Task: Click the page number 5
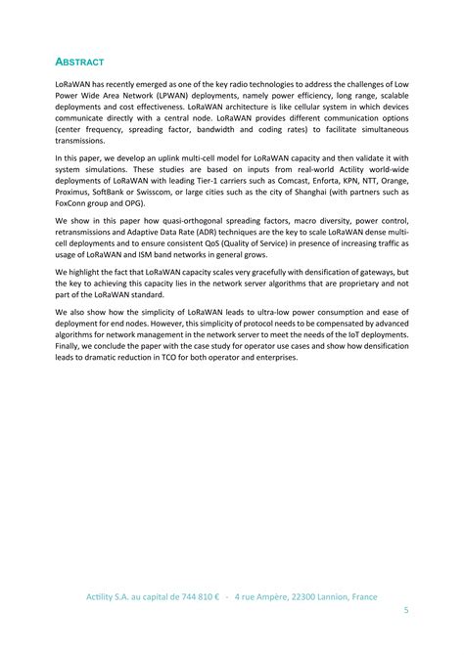(406, 611)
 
